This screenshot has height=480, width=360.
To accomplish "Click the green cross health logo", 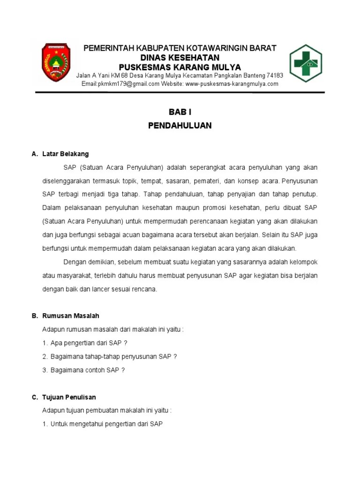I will click(305, 64).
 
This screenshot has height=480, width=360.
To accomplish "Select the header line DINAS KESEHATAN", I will click(180, 57).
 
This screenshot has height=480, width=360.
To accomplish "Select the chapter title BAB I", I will click(180, 112).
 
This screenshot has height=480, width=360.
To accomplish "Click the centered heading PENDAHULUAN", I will click(180, 126).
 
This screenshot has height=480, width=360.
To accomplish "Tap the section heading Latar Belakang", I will click(65, 154).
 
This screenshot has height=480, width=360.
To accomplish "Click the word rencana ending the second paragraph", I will click(144, 289).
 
